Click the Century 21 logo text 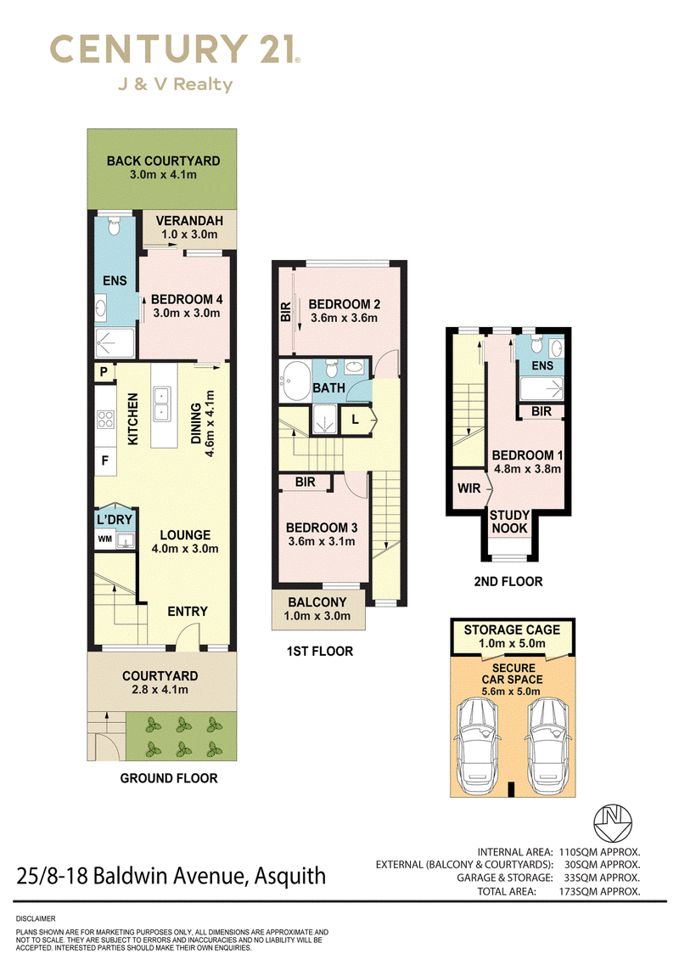point(175,49)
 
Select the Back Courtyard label point(164,161)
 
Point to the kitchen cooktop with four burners point(105,420)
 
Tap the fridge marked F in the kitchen point(105,460)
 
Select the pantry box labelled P point(104,371)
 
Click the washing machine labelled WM point(105,539)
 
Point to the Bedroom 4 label point(187,299)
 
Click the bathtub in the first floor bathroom point(295,381)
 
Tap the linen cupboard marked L point(356,420)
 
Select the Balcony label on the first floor point(317,602)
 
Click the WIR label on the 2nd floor point(469,488)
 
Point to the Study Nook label point(509,522)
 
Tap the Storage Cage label point(512,629)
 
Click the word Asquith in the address point(290,877)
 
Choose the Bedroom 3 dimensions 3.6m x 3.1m point(322,542)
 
